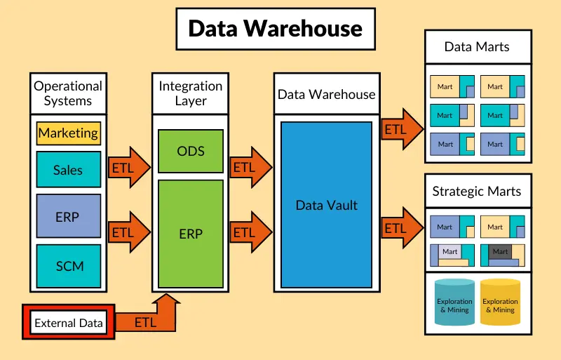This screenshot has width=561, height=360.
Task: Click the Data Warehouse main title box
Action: [x=276, y=29]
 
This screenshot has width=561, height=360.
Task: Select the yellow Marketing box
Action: [x=68, y=133]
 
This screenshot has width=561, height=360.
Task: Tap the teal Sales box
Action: [x=68, y=170]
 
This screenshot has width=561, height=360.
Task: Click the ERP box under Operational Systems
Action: [x=68, y=217]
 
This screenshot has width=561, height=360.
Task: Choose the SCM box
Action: [x=69, y=266]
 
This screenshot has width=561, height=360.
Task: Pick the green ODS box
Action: [x=191, y=151]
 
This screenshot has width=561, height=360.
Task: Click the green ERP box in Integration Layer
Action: [x=191, y=233]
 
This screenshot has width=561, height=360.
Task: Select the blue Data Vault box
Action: [x=326, y=205]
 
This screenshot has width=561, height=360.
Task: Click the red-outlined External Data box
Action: [x=68, y=324]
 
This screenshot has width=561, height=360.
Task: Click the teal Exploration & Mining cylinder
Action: [x=454, y=303]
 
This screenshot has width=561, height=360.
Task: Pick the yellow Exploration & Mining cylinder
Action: [x=500, y=303]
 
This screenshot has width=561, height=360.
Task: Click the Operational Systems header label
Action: [x=68, y=93]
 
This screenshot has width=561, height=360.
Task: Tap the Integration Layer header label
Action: [x=191, y=93]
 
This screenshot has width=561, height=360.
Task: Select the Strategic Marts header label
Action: [x=477, y=192]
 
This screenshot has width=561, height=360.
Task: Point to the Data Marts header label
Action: [x=477, y=48]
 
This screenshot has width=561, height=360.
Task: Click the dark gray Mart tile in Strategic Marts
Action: [x=500, y=251]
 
